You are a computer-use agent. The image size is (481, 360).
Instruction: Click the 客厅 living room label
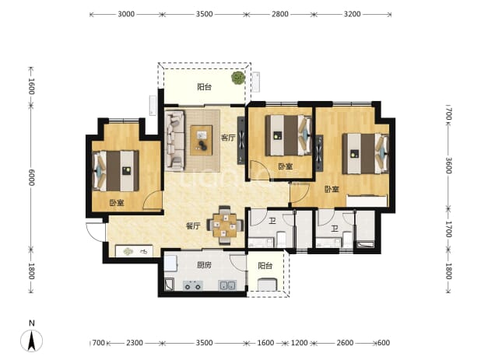coord(228,138)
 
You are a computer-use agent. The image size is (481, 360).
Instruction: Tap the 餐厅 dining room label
coord(193,226)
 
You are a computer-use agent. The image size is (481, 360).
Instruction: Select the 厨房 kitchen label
coord(204,264)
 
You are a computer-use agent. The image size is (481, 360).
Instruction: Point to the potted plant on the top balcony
coord(238,78)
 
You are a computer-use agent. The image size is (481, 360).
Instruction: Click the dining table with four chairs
coord(225,225)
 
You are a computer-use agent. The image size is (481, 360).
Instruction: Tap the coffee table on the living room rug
coord(202,140)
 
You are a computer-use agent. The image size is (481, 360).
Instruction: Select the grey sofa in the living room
coord(175,140)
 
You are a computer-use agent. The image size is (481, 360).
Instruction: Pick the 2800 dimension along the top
coord(279,14)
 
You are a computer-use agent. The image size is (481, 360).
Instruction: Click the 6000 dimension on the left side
coord(31,177)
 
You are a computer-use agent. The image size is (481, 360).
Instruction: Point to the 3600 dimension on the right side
coord(448,166)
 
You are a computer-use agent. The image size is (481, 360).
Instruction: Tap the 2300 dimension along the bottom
coord(135,343)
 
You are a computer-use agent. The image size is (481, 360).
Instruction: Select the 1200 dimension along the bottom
coord(299,343)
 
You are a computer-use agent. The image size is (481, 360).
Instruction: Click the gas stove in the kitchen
coord(193,285)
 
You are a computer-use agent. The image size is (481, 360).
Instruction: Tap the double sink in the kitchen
coord(227,285)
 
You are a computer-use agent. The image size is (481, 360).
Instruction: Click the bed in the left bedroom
coord(116,170)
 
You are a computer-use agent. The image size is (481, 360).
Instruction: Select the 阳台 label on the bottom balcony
coord(265,266)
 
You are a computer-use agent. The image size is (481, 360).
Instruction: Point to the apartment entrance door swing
coord(96,232)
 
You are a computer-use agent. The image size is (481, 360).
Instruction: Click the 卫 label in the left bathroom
coord(272,221)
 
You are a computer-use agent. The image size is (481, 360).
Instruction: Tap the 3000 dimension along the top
coord(126,14)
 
